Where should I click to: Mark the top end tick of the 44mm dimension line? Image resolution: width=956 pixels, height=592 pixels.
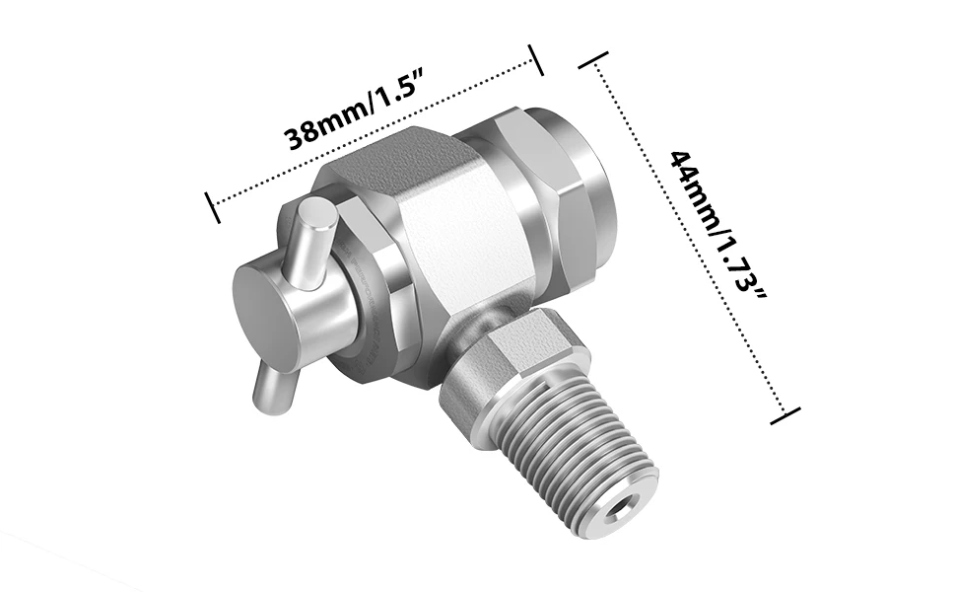coord(593,65)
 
